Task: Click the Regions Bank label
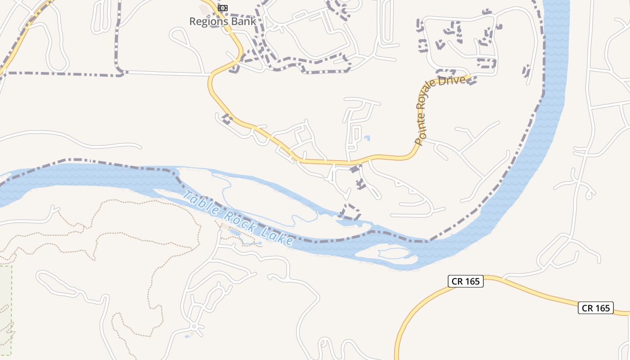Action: tap(222, 21)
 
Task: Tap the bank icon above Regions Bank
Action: tap(222, 8)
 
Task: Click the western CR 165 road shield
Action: tap(466, 282)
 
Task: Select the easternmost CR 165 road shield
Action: tap(596, 308)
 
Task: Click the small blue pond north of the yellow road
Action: tap(367, 138)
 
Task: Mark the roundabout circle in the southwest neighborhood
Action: tap(194, 326)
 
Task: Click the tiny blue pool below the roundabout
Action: tap(187, 336)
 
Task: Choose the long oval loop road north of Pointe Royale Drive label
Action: tap(387, 22)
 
